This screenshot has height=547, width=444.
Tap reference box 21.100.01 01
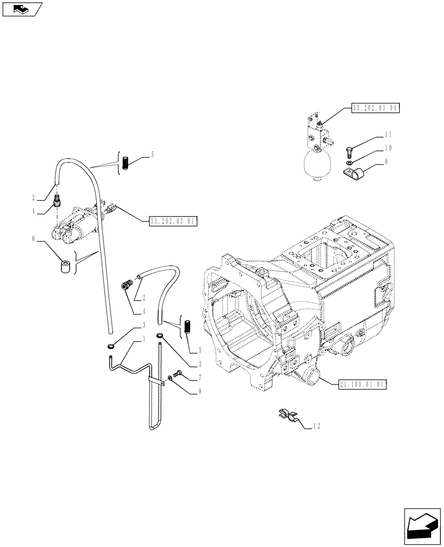pyautogui.click(x=363, y=385)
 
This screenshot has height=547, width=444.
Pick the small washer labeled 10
pyautogui.click(x=349, y=163)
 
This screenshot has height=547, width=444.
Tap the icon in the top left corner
pyautogui.click(x=22, y=9)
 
